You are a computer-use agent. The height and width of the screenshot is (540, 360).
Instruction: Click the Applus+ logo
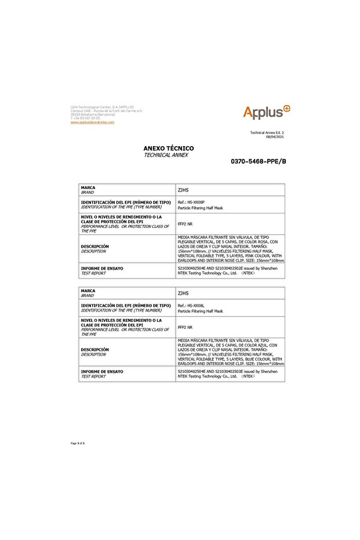coord(267,112)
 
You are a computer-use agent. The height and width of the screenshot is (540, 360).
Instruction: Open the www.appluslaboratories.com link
coord(92,122)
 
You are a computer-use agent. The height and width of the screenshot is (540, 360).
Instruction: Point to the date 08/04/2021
coord(275,137)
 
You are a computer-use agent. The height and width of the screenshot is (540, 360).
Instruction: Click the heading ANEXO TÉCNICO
coord(169,148)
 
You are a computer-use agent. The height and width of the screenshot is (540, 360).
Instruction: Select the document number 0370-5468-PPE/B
coord(259,161)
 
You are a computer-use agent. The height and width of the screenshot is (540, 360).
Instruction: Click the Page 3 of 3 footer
coord(78,443)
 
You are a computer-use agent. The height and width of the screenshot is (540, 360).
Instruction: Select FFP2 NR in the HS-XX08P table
coord(185,224)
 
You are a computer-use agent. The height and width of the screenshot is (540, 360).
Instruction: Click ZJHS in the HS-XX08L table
coord(183,293)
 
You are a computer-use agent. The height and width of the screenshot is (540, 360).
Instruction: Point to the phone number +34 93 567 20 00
coord(85,118)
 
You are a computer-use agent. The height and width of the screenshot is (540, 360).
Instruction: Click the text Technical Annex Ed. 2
coord(267,133)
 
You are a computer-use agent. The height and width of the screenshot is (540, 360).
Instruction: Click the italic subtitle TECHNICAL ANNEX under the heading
coord(166,155)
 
